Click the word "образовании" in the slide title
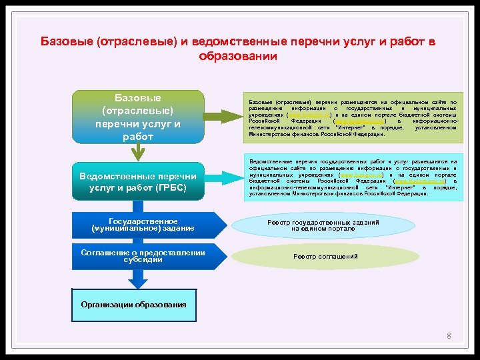coord(238,56)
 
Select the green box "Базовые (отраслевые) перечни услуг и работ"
coord(138,117)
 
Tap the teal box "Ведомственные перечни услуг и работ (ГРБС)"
coord(138,182)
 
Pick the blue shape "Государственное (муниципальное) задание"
coord(143,225)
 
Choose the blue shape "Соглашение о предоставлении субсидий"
coord(143,256)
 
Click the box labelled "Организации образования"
coord(134,305)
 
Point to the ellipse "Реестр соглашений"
coord(326,257)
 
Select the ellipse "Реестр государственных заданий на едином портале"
coord(323,225)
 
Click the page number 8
coord(449,336)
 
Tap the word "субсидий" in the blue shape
coord(143,260)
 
